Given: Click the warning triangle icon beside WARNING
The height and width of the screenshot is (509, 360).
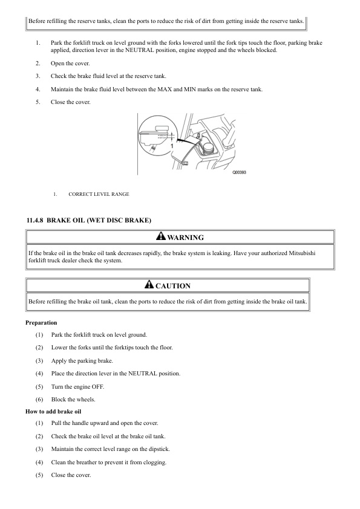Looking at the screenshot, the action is (x=161, y=236).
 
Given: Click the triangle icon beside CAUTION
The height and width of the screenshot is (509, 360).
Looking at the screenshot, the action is (x=149, y=284).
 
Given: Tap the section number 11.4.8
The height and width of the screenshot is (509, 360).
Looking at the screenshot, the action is (x=34, y=221).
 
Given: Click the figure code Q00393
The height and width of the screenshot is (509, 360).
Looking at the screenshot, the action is (x=239, y=172).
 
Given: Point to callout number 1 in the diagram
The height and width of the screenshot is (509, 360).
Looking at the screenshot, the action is (x=172, y=146).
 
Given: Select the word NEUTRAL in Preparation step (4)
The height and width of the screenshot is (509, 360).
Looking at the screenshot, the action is (x=143, y=374).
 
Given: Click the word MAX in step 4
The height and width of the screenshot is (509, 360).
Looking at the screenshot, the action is (x=165, y=89).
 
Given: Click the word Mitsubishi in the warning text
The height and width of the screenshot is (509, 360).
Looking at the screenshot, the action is (x=302, y=253).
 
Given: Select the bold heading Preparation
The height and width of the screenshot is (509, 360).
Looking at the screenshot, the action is (x=41, y=323).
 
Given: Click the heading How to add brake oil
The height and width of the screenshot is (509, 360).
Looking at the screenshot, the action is (x=53, y=411).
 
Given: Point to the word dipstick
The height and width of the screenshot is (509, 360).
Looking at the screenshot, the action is (x=159, y=449).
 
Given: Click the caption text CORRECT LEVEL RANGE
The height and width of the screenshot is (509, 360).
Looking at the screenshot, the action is (x=99, y=194).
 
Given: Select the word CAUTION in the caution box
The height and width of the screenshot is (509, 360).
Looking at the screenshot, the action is (x=173, y=286).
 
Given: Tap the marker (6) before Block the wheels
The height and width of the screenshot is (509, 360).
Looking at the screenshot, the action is (x=39, y=399).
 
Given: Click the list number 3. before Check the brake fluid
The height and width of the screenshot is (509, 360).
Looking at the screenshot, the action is (x=38, y=76).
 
